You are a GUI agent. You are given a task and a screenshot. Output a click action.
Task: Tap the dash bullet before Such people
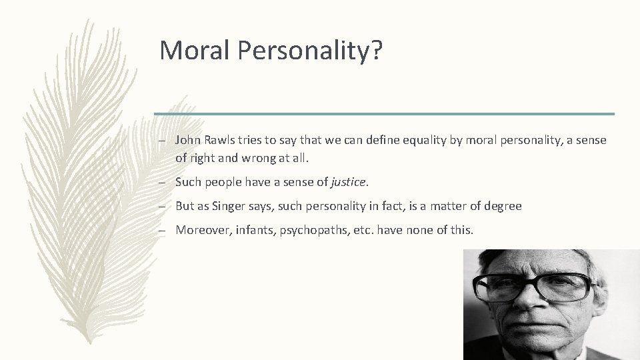(x=164, y=182)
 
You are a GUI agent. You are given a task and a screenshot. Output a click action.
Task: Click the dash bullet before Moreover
(x=164, y=230)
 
